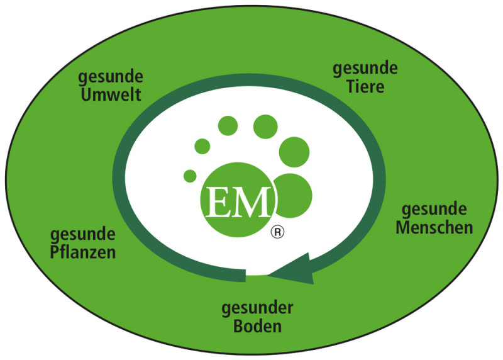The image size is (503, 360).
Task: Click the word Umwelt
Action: tap(109, 95)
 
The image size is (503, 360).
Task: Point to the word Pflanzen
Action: tap(83, 252)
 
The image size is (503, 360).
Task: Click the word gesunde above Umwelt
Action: tap(111, 78)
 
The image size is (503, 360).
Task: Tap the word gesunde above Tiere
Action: tap(365, 69)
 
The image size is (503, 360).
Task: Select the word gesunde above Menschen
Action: tap(434, 209)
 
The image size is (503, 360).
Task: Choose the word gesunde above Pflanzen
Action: tap(83, 235)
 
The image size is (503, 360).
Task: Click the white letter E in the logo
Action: tap(223, 200)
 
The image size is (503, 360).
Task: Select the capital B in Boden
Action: tap(238, 327)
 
